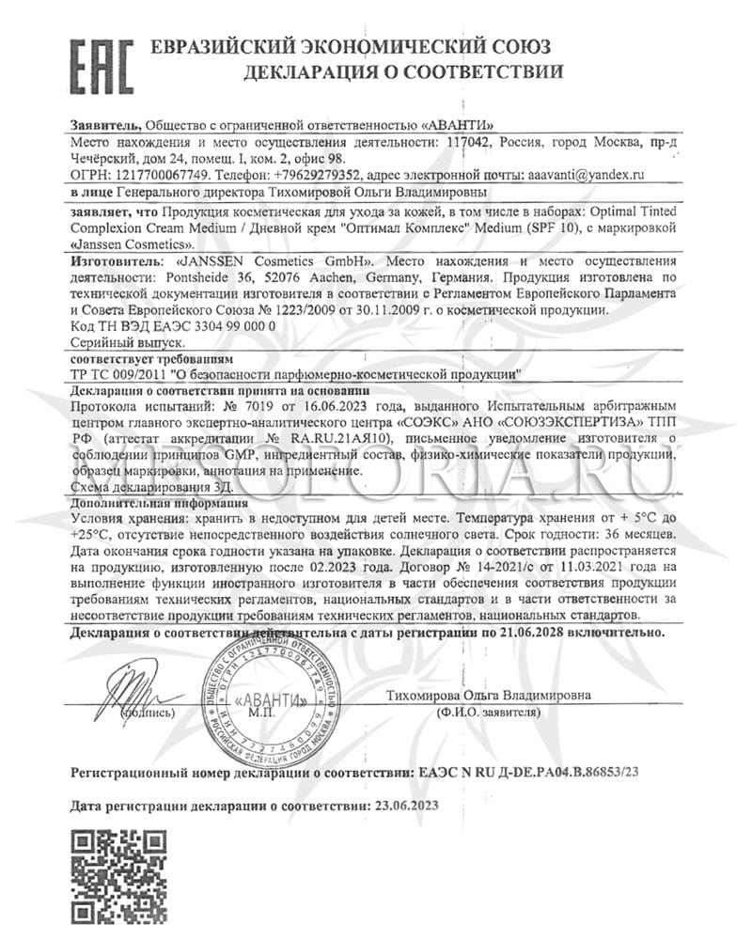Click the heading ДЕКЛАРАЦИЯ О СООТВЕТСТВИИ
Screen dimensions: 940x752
click(403, 70)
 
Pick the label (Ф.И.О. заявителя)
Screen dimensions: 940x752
click(488, 713)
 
